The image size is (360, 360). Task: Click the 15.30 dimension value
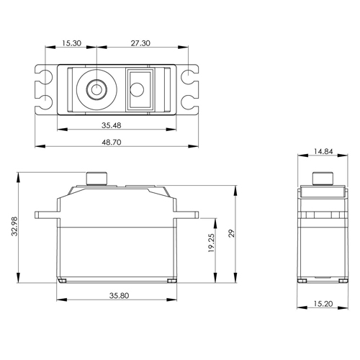72,43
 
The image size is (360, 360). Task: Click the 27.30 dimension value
140,43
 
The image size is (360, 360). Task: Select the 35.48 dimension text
112,125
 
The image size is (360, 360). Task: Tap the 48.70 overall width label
112,142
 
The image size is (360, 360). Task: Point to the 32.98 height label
15,226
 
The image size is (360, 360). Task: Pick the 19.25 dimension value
211,243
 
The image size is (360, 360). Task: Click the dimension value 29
231,233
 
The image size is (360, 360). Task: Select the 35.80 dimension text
119,295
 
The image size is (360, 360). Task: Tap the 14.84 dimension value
323,151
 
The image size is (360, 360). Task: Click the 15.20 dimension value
323,304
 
